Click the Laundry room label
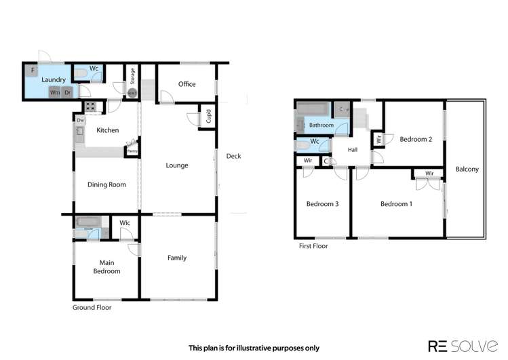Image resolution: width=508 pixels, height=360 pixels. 53,79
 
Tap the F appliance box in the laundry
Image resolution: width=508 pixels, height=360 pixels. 31,69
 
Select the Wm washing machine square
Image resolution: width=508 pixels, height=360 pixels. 54,92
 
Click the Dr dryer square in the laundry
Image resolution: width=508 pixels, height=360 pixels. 67,92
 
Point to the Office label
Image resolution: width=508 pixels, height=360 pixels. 187,84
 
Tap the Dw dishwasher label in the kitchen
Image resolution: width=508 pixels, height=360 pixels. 80,121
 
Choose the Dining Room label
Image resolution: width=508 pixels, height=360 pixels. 108,184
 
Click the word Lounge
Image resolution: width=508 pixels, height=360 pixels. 177,165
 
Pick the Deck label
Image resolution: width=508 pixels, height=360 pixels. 233,156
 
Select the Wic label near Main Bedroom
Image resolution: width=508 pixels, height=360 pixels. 125,222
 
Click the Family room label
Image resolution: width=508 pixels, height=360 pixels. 177,258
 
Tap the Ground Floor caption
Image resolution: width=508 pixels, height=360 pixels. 92,307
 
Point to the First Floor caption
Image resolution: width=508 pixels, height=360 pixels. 313,246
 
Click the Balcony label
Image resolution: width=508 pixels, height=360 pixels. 467,169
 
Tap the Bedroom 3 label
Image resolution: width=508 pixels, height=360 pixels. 322,204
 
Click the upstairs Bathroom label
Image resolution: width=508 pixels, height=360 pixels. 321,125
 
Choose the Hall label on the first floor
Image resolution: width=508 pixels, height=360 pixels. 353,150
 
